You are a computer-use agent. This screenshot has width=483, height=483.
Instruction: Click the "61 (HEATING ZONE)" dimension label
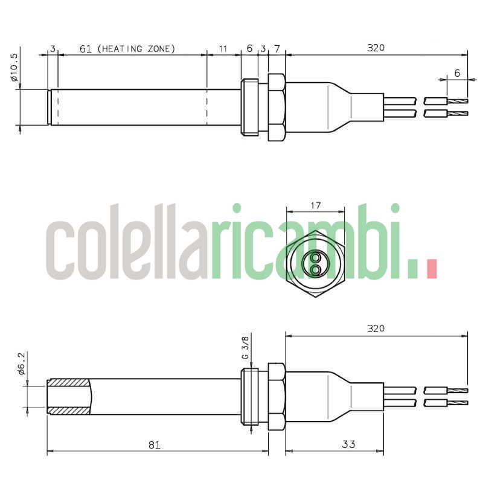[x=127, y=49]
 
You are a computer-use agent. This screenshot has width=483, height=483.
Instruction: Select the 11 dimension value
[x=223, y=49]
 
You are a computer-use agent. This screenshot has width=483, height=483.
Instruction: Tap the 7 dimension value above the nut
[x=277, y=49]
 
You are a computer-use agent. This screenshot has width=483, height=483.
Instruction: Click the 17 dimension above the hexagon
[x=315, y=206]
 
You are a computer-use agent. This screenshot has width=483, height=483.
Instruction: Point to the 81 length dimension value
[x=154, y=444]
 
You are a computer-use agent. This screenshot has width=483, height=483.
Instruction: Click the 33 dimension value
[x=348, y=444]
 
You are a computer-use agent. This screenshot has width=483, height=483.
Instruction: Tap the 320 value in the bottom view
[x=376, y=329]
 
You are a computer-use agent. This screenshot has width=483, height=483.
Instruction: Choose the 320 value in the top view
[x=376, y=48]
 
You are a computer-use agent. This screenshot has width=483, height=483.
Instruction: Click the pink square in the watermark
[x=431, y=269]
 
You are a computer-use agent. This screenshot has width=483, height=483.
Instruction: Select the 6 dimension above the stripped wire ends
[x=457, y=72]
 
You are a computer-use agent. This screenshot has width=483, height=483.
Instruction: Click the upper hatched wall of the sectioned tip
[x=68, y=382]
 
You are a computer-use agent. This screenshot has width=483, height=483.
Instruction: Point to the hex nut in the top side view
[x=276, y=107]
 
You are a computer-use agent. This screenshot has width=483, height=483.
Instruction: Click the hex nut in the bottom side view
[x=276, y=397]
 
